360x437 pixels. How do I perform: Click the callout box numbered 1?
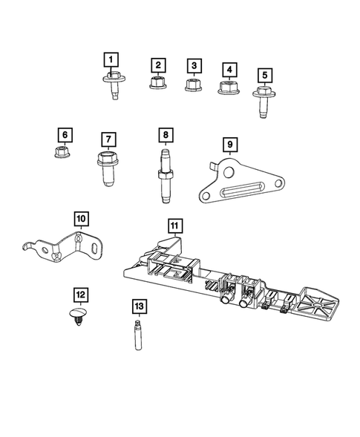click(111, 59)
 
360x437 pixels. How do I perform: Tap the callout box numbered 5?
click(265, 74)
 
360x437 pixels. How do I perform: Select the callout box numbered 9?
click(230, 144)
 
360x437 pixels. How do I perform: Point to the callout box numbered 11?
click(174, 225)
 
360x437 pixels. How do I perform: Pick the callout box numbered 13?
click(138, 306)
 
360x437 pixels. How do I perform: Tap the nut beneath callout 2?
click(157, 83)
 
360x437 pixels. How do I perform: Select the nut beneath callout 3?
click(194, 84)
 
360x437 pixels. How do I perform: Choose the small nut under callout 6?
click(65, 154)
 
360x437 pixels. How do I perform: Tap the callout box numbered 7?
click(108, 139)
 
